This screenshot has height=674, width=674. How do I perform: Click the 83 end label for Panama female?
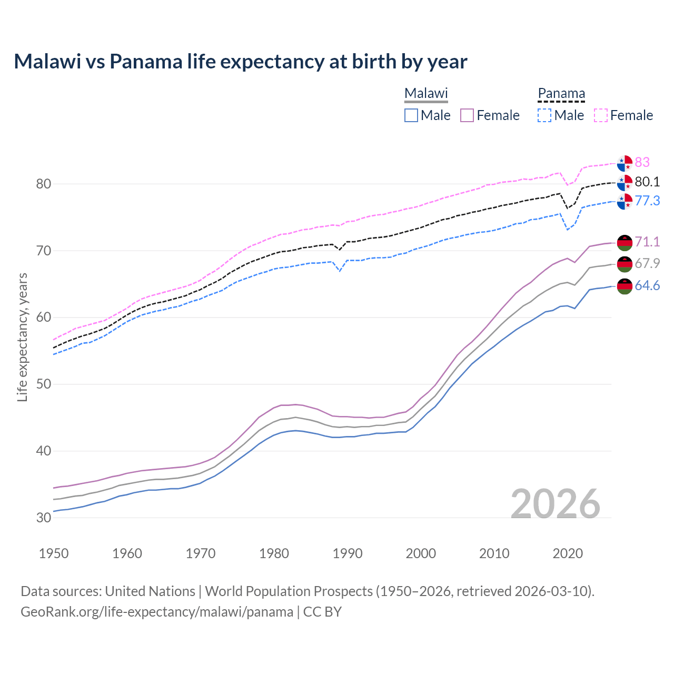[x=642, y=162]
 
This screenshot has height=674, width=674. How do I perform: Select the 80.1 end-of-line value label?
[x=647, y=182]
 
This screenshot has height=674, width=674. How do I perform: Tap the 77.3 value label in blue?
[x=647, y=201]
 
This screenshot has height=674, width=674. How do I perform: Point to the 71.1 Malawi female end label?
[x=647, y=242]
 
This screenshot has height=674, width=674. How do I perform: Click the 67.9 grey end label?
[x=647, y=263]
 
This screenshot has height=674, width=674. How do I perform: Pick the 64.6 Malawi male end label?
[x=647, y=285]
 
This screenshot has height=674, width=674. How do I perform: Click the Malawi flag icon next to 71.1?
[x=625, y=242]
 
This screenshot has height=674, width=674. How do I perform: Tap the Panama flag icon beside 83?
[x=625, y=163]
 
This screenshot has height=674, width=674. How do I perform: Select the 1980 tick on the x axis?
[x=274, y=553]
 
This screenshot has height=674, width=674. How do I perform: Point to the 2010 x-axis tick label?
[x=494, y=553]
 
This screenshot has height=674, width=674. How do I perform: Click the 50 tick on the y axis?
[x=44, y=384]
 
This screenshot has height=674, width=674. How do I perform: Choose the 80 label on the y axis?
[x=44, y=184]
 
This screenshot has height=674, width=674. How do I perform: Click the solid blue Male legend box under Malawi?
[x=411, y=115]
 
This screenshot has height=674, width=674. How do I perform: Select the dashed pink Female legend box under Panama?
[x=601, y=115]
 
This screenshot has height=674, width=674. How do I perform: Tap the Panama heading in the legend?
[x=561, y=93]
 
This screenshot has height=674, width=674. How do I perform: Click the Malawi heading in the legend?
[x=426, y=93]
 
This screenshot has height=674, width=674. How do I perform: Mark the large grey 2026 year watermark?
[x=556, y=504]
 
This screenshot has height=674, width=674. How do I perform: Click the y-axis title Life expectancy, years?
[x=22, y=337]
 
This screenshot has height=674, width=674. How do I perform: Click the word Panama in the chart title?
[x=146, y=62]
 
